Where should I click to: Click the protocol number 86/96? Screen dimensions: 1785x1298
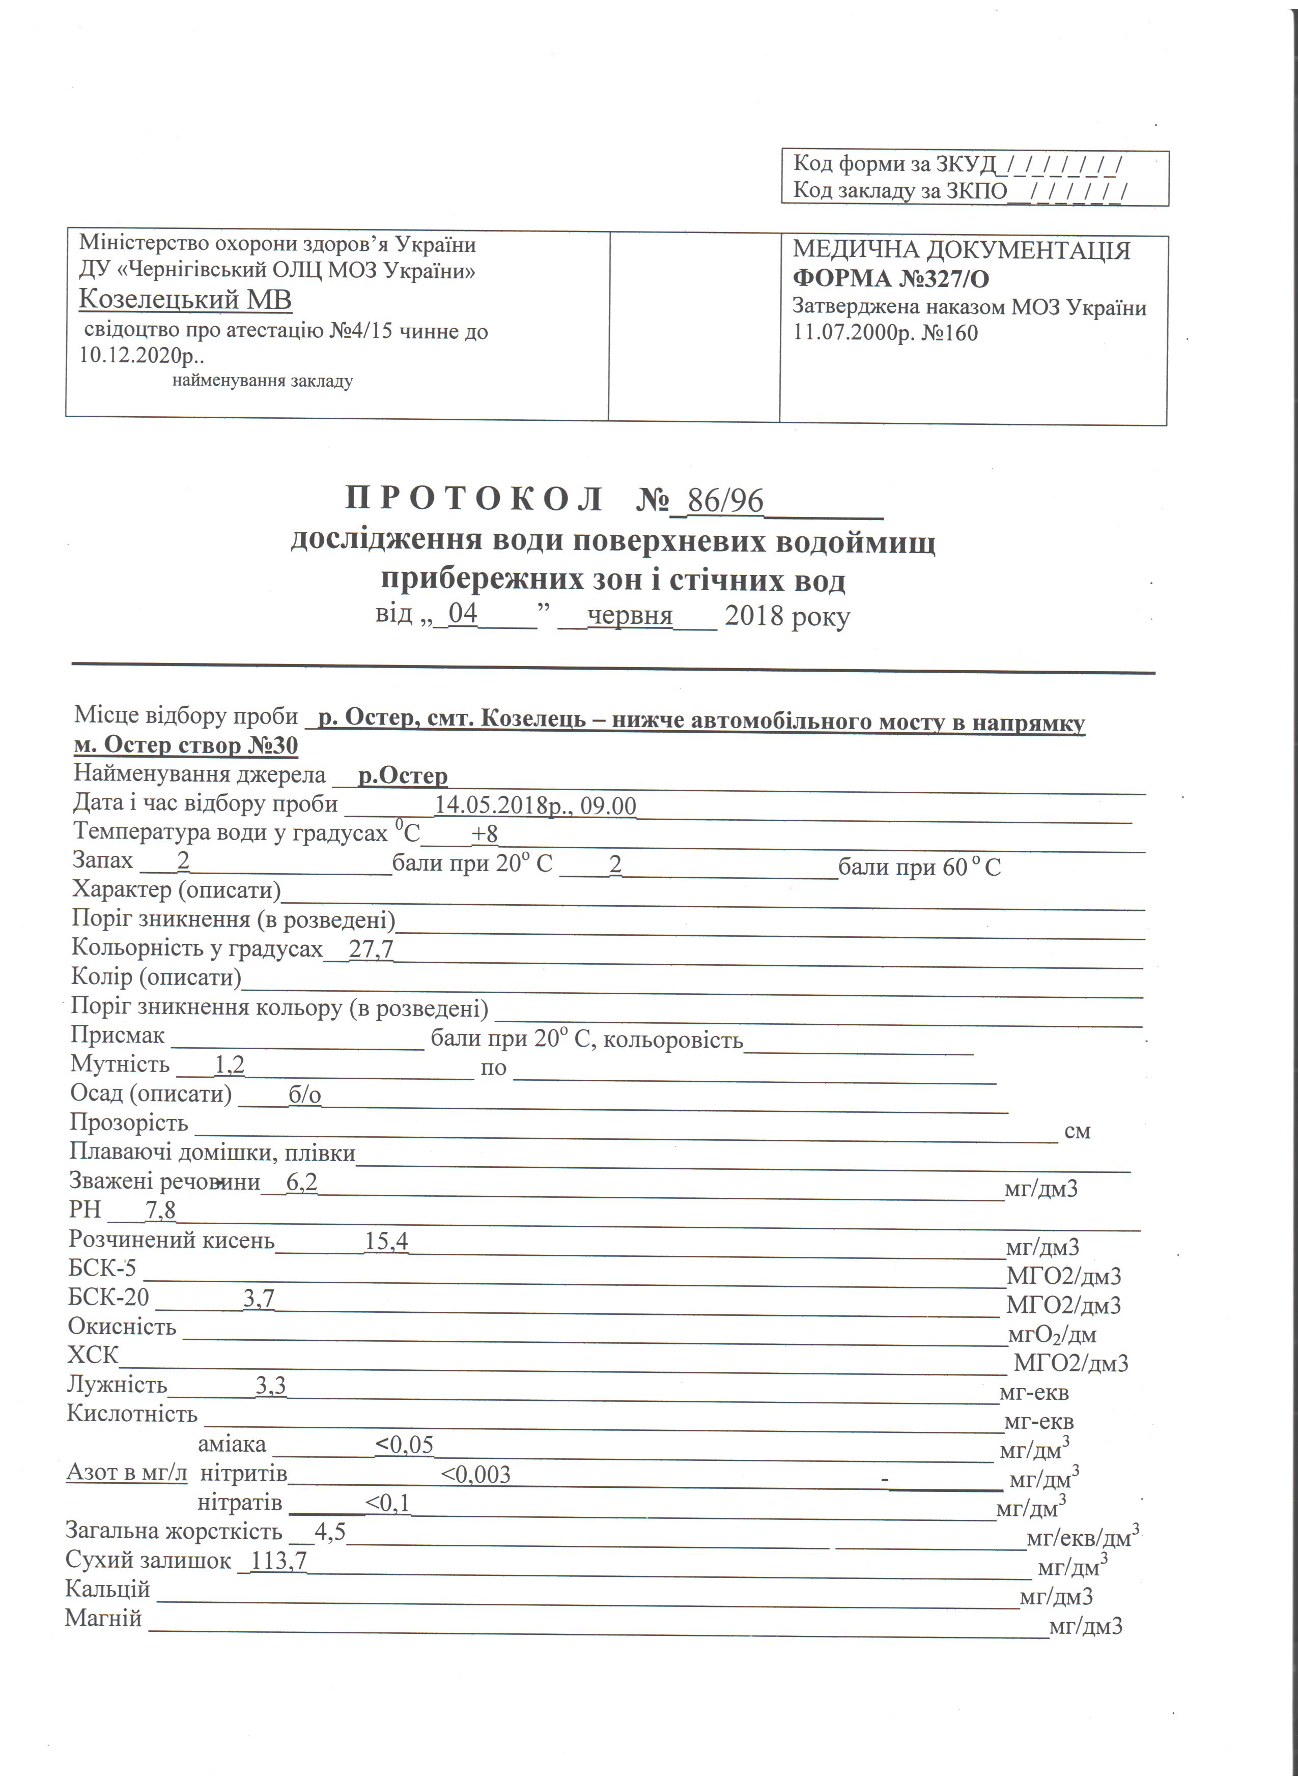pyautogui.click(x=724, y=501)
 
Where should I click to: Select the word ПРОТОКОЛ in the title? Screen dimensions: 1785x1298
pyautogui.click(x=474, y=500)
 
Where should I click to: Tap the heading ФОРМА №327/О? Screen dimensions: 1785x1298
pyautogui.click(x=890, y=279)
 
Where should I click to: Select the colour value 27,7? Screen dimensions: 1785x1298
pyautogui.click(x=371, y=950)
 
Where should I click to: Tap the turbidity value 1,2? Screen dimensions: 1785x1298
pyautogui.click(x=229, y=1065)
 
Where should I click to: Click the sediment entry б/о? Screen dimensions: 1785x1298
pyautogui.click(x=304, y=1095)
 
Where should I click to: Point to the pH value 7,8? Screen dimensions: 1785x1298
pyautogui.click(x=160, y=1210)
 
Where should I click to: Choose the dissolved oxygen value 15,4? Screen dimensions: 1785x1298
pyautogui.click(x=386, y=1241)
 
